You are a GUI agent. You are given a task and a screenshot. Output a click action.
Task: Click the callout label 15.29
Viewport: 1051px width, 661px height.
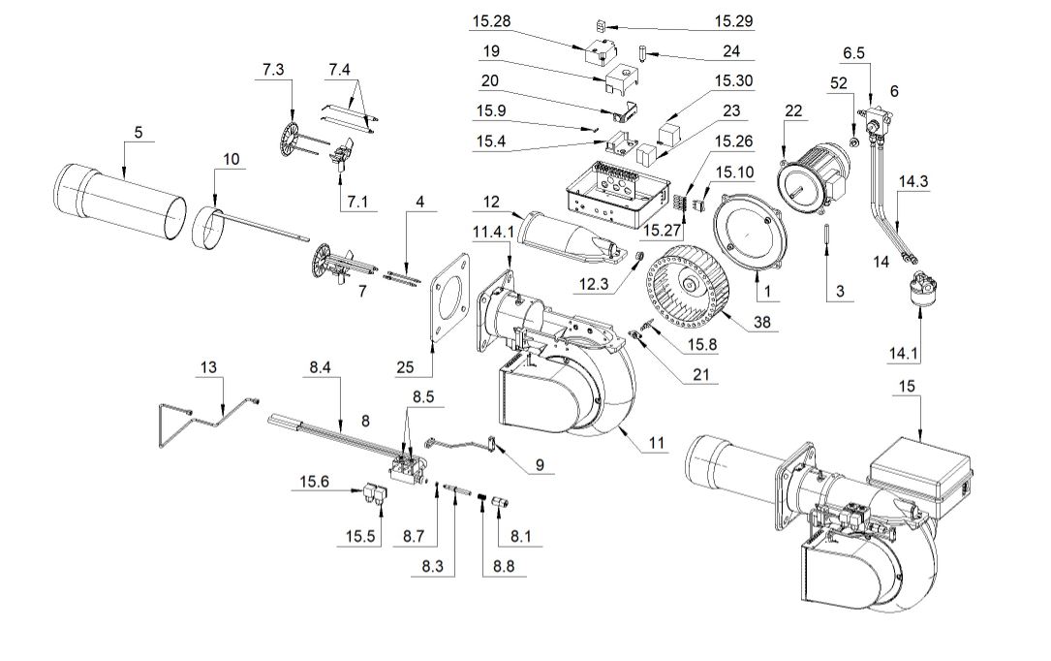tap(733, 20)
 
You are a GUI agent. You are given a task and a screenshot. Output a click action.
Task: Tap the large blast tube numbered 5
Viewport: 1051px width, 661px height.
tap(121, 205)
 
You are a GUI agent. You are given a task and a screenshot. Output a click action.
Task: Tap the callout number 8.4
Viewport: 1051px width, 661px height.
tap(322, 368)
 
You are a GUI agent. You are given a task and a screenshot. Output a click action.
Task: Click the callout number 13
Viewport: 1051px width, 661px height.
tap(210, 367)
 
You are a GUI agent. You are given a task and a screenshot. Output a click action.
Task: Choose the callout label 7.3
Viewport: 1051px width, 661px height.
tap(273, 70)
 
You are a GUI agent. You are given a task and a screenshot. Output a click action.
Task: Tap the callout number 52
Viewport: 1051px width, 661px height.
tap(839, 86)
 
